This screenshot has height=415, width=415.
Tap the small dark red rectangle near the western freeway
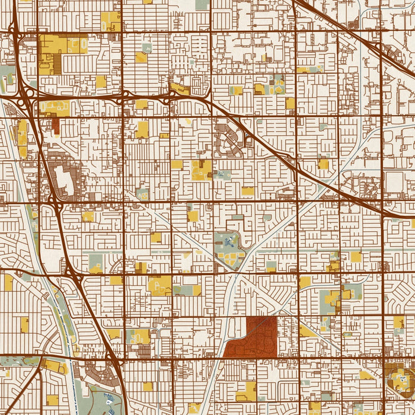[x=56, y=125]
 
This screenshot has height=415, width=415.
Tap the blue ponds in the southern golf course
[x=110, y=398]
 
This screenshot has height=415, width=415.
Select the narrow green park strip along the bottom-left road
[x=18, y=360]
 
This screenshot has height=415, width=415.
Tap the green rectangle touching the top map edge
[x=202, y=4]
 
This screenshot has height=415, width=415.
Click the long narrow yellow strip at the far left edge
[x=23, y=136]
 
